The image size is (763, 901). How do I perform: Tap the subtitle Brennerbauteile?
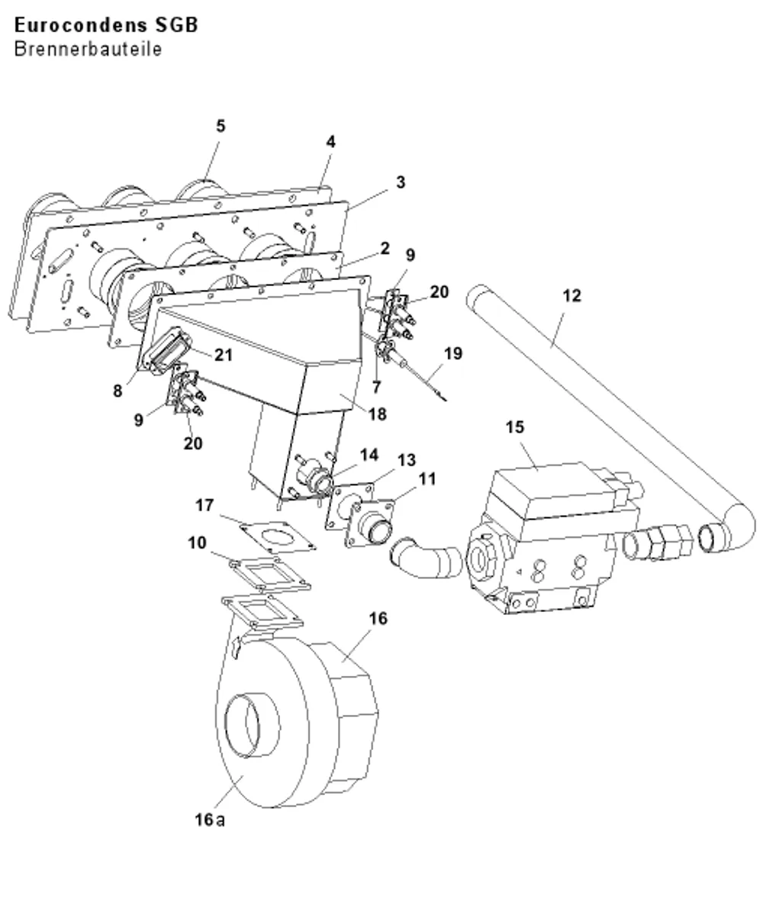click(88, 50)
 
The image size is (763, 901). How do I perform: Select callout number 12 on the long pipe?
click(571, 295)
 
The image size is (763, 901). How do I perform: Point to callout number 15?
click(515, 427)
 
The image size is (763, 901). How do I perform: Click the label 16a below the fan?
click(210, 819)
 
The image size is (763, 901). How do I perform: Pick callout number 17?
click(204, 505)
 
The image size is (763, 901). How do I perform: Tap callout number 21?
click(224, 355)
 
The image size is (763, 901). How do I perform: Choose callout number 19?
click(453, 353)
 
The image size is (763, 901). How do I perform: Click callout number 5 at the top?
click(221, 126)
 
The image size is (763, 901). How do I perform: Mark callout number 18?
click(377, 413)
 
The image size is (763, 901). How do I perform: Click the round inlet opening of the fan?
click(252, 726)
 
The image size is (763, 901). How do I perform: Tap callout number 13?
click(406, 460)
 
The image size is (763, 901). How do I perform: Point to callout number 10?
click(197, 542)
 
